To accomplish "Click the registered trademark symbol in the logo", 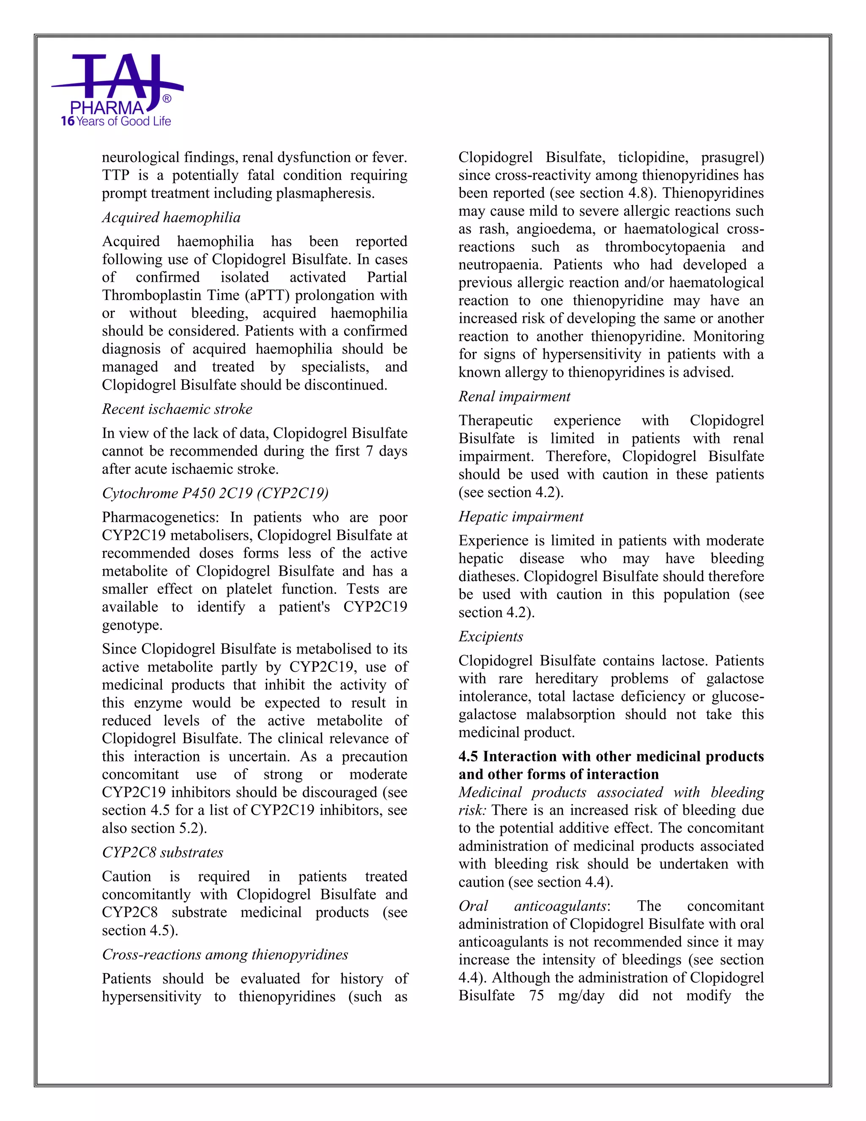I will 167,99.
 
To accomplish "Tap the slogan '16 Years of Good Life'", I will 115,122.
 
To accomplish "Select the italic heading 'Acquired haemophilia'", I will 171,217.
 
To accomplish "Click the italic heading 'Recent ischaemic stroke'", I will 177,409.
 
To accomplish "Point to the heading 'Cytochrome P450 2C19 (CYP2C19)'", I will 215,493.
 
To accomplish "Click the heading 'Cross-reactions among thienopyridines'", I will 225,954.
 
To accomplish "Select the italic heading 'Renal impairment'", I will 514,396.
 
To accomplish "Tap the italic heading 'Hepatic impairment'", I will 521,517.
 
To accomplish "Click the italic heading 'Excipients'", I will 491,637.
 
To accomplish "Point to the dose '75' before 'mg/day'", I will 536,996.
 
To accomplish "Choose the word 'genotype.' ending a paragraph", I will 132,625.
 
